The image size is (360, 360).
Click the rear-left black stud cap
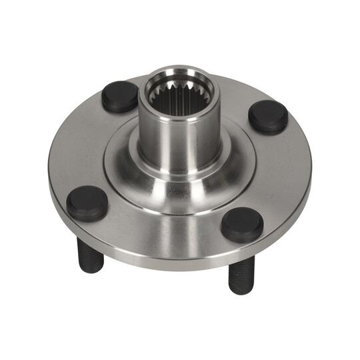[x=119, y=97]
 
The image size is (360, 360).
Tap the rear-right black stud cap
[x=268, y=117]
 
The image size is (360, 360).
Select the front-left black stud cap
[x=87, y=203]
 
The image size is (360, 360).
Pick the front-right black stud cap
[x=241, y=224]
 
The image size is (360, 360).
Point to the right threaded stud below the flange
[x=239, y=273]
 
